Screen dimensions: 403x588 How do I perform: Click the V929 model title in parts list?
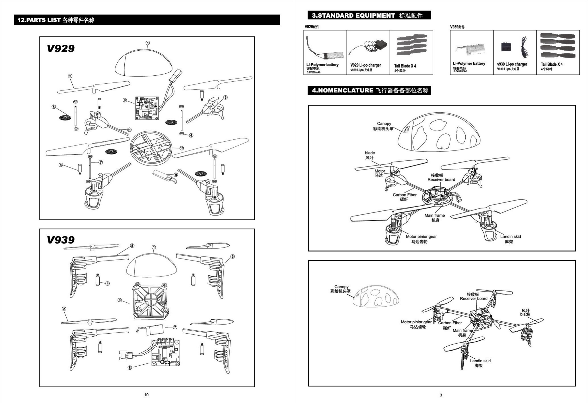click(x=61, y=49)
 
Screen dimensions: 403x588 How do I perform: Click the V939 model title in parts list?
click(x=61, y=240)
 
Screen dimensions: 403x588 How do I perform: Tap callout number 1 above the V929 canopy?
click(x=148, y=43)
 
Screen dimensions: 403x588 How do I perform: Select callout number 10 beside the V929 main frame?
click(x=182, y=148)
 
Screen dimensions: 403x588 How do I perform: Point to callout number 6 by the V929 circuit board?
click(x=125, y=100)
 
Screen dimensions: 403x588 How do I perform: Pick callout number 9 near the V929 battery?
click(x=176, y=175)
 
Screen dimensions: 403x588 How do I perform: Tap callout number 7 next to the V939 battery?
click(x=175, y=327)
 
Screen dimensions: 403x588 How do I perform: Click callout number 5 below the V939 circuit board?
click(x=130, y=367)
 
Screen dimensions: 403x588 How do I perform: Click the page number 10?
click(x=146, y=395)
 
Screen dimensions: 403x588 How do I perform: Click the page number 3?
click(x=441, y=395)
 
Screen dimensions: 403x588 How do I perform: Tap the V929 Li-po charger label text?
click(x=365, y=65)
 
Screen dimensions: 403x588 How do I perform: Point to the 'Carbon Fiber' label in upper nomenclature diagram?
click(x=404, y=195)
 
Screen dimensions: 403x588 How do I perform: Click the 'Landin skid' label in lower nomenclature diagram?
click(x=480, y=361)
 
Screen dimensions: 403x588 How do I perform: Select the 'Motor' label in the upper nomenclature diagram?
click(x=380, y=171)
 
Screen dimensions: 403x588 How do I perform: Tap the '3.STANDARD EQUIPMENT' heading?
click(x=353, y=16)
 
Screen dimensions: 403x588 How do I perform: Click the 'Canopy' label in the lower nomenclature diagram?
click(x=341, y=287)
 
